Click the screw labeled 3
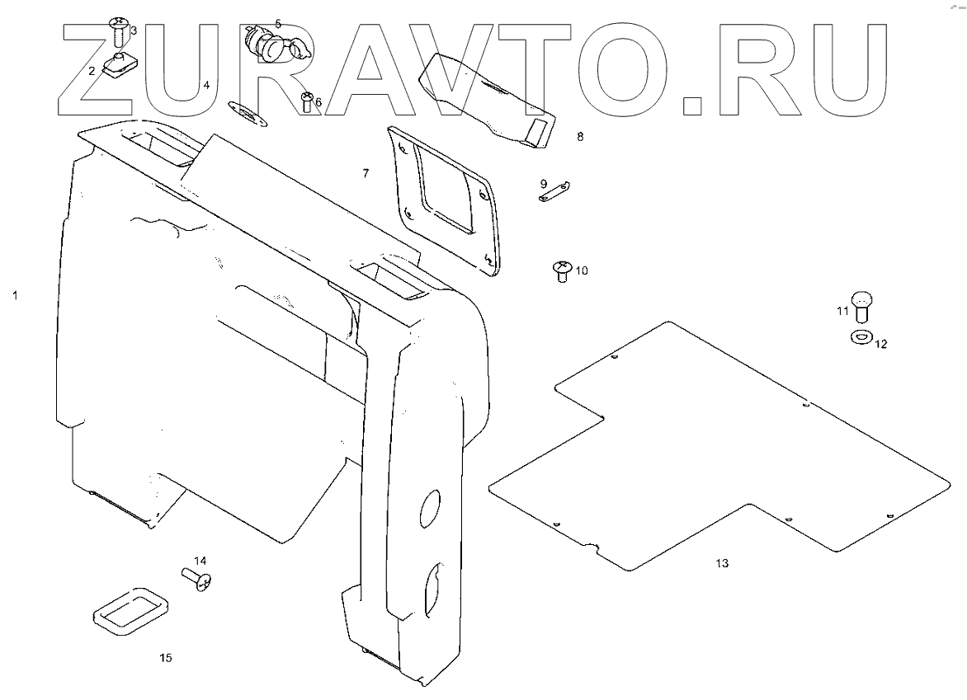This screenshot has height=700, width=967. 117,31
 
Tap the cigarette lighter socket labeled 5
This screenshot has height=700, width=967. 262,41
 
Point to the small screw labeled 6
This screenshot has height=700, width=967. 307,101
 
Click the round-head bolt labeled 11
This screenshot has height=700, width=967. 862,305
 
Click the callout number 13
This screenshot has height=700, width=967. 722,563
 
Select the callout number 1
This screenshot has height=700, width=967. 15,294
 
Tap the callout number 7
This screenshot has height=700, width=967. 365,174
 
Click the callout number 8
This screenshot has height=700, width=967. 580,137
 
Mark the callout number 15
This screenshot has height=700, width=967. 166,657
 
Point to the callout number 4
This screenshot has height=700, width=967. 206,85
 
